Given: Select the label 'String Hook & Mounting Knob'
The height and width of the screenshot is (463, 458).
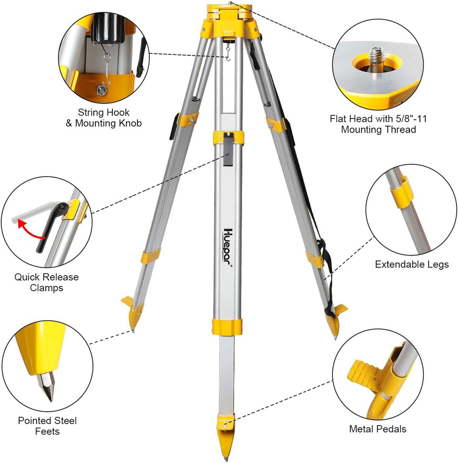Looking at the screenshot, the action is [103, 118].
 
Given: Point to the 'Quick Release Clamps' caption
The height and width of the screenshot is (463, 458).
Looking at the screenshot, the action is [47, 282].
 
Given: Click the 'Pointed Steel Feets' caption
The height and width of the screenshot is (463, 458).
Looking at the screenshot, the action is [47, 426].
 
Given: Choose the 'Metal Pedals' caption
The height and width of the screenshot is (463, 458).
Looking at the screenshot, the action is [377, 429].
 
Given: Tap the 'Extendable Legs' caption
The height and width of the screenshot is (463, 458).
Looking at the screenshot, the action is [412, 264].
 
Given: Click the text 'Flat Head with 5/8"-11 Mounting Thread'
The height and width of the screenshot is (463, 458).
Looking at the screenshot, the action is [378, 124].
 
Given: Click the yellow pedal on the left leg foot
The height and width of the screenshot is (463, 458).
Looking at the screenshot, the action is [128, 302].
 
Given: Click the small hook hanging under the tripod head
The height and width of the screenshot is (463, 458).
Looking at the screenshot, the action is [228, 53].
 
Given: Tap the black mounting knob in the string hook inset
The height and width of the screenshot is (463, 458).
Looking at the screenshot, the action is [108, 28].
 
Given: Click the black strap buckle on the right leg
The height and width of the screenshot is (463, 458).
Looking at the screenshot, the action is [322, 248].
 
